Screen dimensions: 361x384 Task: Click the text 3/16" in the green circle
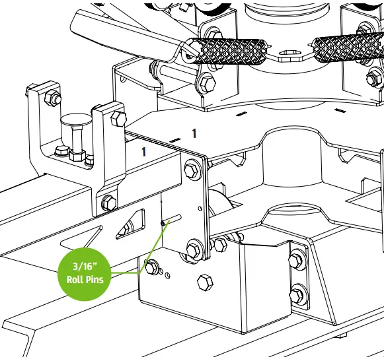pos(86,267)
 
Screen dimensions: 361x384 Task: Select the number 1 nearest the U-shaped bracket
pos(143,151)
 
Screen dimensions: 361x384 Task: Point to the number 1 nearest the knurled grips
pos(194,133)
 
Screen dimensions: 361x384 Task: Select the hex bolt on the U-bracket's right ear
pos(119,119)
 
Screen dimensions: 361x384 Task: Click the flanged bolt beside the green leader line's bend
pos(151,267)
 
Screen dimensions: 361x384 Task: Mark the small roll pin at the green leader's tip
pos(163,222)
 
